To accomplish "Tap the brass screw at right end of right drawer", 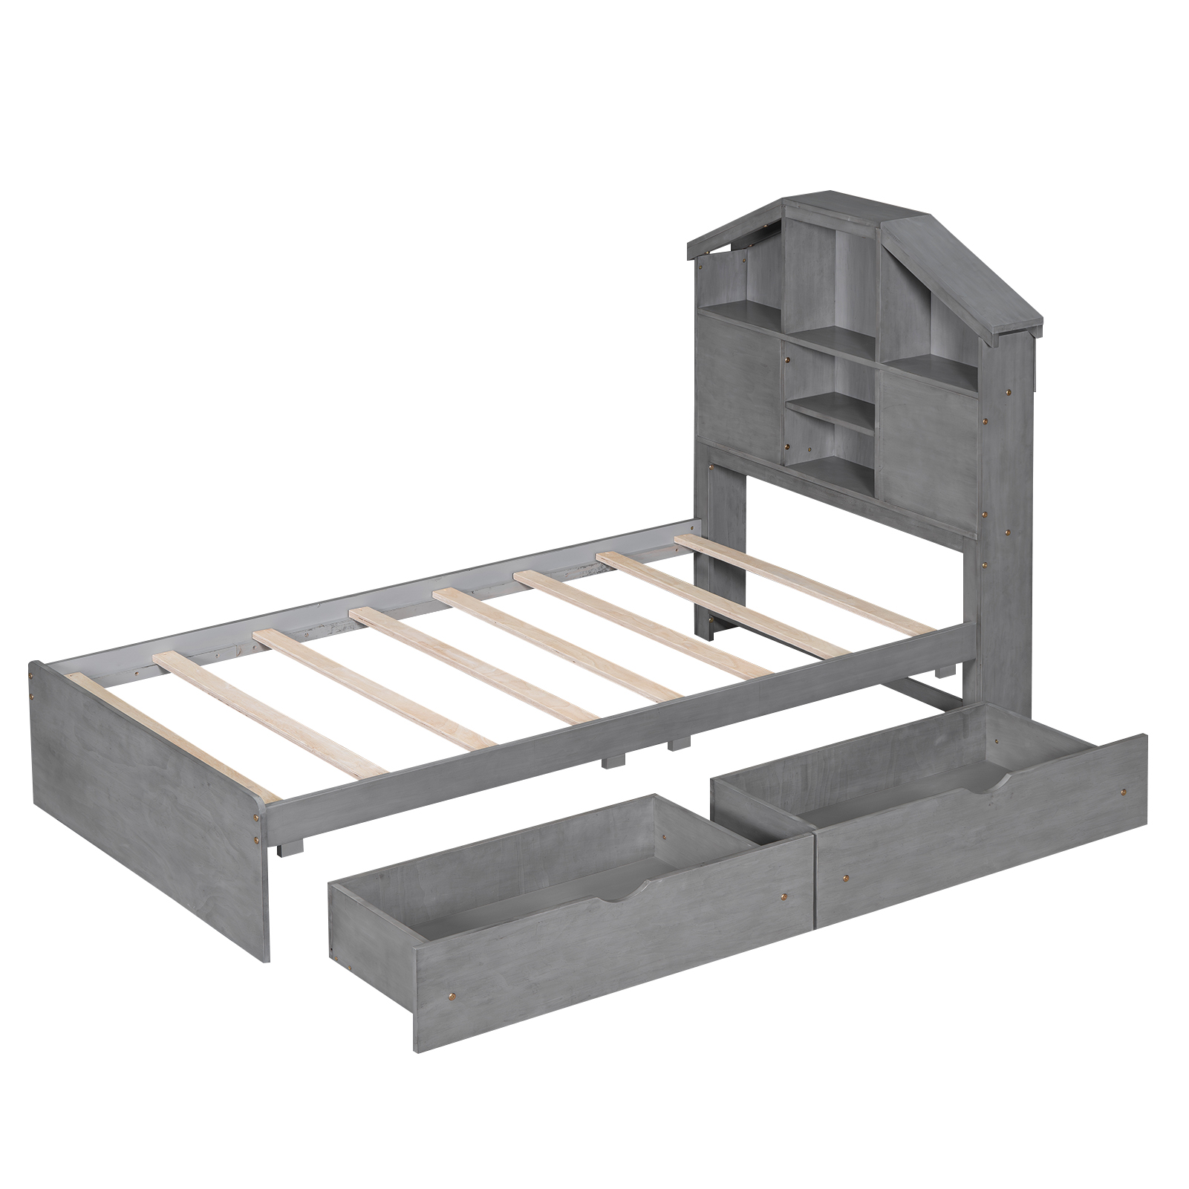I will coord(1122,794).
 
